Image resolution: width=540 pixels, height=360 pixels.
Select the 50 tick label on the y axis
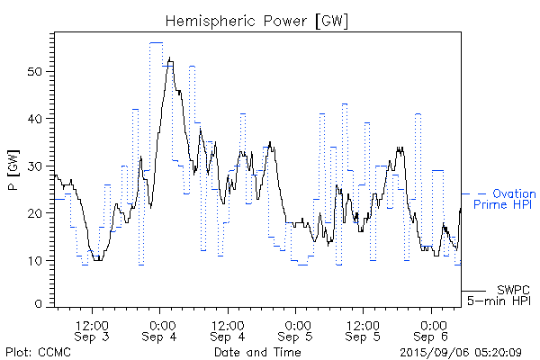click(x=35, y=71)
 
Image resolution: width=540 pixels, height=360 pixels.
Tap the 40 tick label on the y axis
click(x=35, y=119)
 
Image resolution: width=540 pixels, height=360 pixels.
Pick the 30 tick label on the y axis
click(x=35, y=166)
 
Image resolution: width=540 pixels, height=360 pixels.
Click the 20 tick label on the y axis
click(x=35, y=213)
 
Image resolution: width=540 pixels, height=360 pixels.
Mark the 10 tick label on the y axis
click(x=35, y=260)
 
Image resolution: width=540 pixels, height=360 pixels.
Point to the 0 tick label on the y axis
click(x=39, y=306)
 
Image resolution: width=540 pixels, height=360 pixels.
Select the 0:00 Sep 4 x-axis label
click(x=161, y=330)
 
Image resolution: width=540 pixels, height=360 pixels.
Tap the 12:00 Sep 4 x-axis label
click(x=228, y=330)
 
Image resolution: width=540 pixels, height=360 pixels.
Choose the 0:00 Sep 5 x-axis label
click(x=297, y=330)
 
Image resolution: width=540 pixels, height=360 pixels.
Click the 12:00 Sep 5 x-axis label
click(x=364, y=330)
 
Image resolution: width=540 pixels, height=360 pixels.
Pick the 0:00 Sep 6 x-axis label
click(x=433, y=330)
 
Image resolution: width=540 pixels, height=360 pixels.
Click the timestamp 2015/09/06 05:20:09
click(x=459, y=352)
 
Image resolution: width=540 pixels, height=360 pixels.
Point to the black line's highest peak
click(x=170, y=59)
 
